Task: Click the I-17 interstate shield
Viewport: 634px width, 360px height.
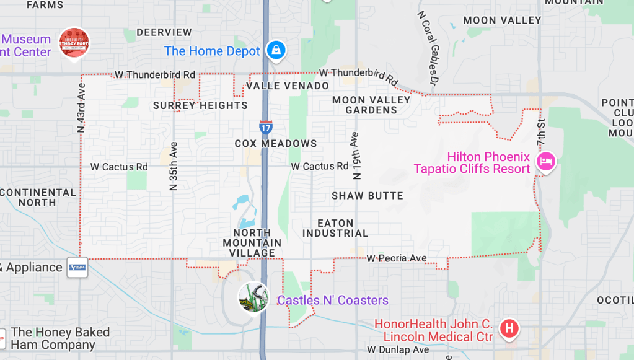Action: (x=265, y=128)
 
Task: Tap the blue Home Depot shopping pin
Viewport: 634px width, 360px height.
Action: (x=276, y=50)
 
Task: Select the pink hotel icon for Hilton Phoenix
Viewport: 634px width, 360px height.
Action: (x=546, y=162)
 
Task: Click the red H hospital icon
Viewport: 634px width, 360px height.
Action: (x=509, y=328)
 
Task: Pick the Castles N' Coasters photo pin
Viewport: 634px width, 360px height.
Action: (x=253, y=297)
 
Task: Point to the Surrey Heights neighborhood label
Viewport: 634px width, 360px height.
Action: (x=200, y=105)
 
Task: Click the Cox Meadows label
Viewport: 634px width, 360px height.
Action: (x=276, y=143)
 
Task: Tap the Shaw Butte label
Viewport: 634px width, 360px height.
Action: (x=368, y=196)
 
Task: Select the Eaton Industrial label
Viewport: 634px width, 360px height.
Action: (x=335, y=228)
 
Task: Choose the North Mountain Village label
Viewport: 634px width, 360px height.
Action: (x=252, y=243)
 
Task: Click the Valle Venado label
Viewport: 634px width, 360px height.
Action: (x=287, y=86)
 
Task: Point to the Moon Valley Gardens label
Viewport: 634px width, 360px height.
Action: (x=371, y=105)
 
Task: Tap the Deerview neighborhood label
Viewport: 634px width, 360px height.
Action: (x=164, y=32)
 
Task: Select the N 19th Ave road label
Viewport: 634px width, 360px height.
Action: (x=355, y=156)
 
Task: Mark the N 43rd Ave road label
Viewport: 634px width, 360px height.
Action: (x=81, y=108)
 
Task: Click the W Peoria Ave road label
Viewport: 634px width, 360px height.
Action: (x=397, y=258)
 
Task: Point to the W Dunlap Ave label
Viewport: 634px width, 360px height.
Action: (x=398, y=350)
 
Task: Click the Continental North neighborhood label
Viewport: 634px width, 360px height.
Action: (x=38, y=197)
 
